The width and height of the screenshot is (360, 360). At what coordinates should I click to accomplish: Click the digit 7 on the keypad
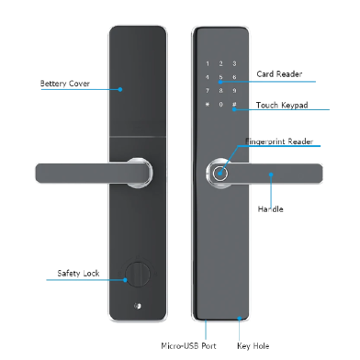208,91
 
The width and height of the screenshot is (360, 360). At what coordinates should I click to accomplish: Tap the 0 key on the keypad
220,105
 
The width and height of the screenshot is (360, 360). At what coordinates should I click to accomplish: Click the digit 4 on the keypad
208,78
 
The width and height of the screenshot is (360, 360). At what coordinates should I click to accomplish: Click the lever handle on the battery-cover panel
87,171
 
